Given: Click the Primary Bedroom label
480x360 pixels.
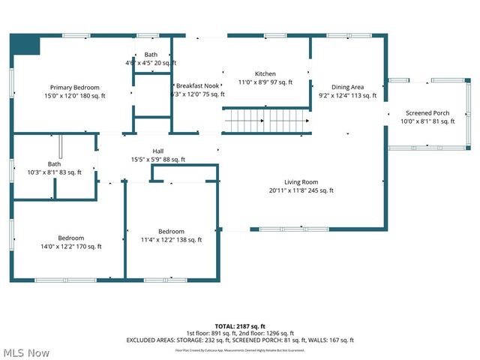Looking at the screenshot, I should click(x=75, y=88).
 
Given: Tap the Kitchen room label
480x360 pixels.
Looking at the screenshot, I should click(x=265, y=73).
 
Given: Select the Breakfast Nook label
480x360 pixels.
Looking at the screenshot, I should click(x=198, y=85).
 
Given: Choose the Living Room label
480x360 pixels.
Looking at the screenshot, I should click(x=301, y=181).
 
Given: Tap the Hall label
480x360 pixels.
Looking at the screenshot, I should click(x=158, y=151).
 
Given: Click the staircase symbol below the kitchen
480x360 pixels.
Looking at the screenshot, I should click(x=266, y=119).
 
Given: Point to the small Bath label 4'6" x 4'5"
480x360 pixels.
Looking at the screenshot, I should click(x=151, y=64).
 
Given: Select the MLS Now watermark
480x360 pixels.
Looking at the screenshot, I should click(x=26, y=352).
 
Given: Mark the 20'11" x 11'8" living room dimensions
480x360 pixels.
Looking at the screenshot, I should click(x=301, y=190).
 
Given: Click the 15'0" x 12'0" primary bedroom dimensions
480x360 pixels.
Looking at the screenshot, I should click(x=75, y=96).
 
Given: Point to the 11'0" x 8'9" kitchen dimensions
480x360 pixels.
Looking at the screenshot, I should click(x=265, y=82).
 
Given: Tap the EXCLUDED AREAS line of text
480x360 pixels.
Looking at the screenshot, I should click(x=239, y=340).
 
